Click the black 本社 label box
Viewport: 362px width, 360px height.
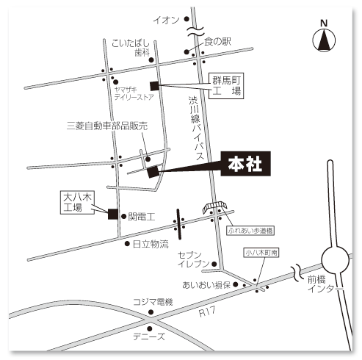[246, 164]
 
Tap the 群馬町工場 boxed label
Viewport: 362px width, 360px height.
[226, 86]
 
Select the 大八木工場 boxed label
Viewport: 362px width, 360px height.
[77, 203]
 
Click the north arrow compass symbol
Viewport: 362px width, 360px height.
[324, 40]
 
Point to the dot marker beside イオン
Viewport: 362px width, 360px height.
[187, 19]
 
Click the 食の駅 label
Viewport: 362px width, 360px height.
[217, 41]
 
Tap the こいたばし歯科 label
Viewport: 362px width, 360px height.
[131, 48]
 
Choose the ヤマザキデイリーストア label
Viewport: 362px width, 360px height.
[134, 93]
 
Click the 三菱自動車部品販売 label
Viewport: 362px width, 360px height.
[107, 126]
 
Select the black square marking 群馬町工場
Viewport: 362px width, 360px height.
[154, 86]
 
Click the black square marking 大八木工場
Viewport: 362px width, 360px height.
[113, 214]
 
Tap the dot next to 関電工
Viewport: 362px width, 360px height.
[124, 216]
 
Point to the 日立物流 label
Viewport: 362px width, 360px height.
[151, 244]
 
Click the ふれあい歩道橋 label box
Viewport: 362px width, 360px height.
[250, 231]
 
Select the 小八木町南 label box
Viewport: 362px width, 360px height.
[261, 253]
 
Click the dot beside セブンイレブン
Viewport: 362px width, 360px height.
[214, 264]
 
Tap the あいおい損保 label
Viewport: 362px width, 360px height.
[206, 285]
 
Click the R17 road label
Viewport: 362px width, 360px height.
[207, 312]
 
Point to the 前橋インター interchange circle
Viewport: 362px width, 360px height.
[335, 260]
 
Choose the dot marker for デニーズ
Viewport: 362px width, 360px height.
[150, 328]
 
